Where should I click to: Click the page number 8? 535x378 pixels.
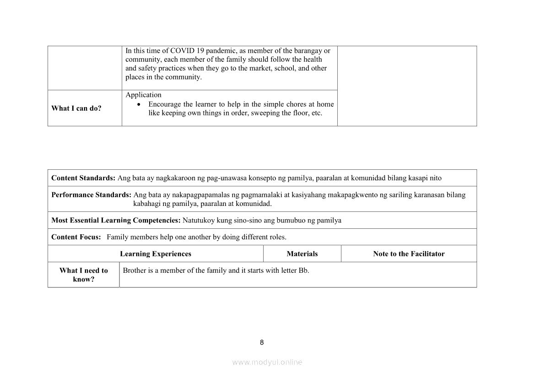[x=262, y=342]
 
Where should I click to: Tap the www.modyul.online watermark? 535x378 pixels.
[x=267, y=362]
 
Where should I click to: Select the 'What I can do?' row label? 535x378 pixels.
[x=76, y=108]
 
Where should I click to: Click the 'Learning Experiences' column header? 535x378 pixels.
[x=156, y=254]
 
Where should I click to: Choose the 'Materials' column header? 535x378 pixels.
[x=302, y=254]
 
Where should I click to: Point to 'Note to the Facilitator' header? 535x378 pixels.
[x=409, y=254]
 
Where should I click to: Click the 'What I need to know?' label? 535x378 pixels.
[x=84, y=275]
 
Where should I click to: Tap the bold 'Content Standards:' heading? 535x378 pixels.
[x=83, y=178]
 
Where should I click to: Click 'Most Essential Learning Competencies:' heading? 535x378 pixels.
[x=116, y=220]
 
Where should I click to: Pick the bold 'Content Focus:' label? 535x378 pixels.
[x=76, y=237]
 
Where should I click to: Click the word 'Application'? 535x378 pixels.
[x=143, y=95]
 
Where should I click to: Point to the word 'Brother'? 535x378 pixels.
[x=135, y=270]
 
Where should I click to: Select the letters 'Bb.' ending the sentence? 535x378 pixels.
[x=304, y=270]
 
